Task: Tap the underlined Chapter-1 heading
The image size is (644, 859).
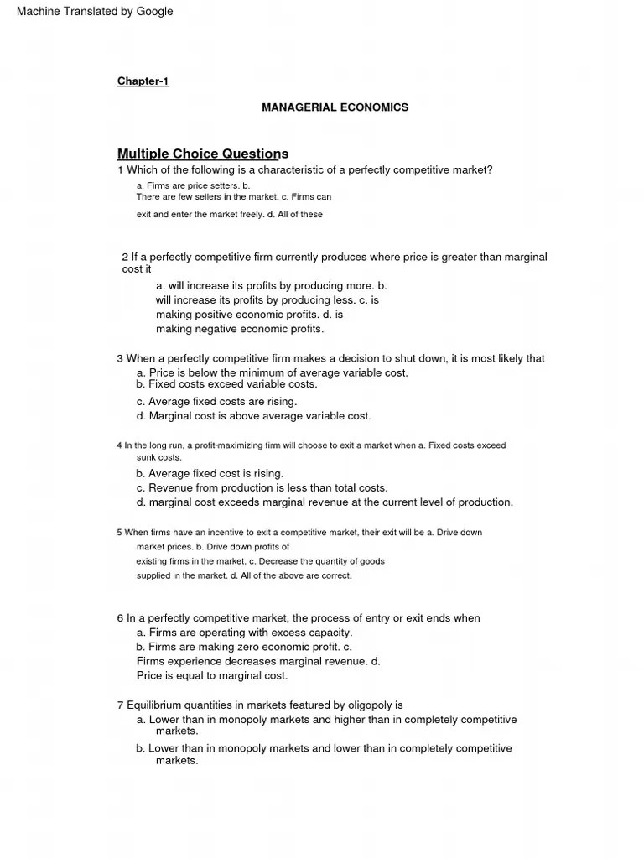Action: point(143,81)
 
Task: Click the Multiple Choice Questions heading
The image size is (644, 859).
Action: point(202,154)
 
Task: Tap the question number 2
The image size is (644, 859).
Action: point(125,258)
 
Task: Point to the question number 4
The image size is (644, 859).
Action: point(119,445)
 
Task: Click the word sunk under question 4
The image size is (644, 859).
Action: point(147,458)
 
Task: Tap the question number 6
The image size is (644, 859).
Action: point(120,618)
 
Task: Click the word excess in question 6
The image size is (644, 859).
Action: point(288,633)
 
